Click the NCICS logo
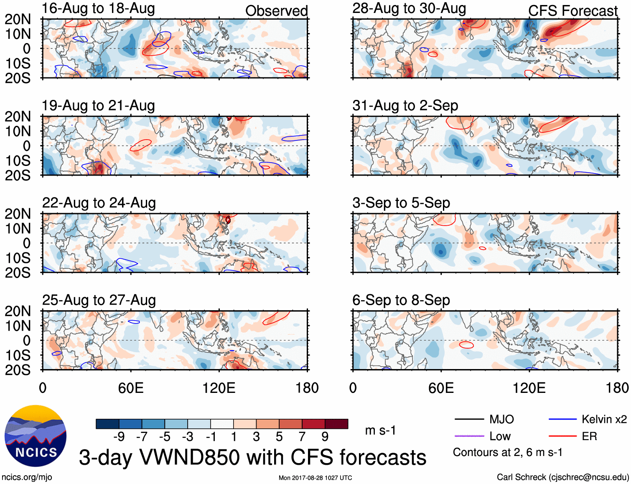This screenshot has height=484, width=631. pos(36,436)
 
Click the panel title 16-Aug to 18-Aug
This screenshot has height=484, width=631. pos(98,8)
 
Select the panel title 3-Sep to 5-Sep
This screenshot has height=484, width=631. pos(401,203)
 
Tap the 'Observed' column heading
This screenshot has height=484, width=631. pos(276,11)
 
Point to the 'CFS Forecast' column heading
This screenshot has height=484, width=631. pos(572,11)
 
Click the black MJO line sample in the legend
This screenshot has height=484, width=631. pos(469,419)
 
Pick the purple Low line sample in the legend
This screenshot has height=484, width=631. pos(469,436)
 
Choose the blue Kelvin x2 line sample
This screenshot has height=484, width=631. pos(562,419)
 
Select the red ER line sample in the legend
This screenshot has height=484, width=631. pos(562,436)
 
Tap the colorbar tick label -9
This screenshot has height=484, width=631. pos(119,437)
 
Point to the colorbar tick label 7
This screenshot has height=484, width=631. pos(302,437)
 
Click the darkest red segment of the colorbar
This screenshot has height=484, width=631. pos(336,424)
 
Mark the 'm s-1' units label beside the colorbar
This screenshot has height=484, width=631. pos(380,431)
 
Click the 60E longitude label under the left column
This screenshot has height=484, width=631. pos(131,388)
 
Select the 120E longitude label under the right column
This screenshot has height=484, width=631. pos(529,388)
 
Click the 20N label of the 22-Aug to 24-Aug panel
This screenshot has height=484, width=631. pos(18,214)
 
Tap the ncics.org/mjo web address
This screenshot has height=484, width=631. pos(27,477)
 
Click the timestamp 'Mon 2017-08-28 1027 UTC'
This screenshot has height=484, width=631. pos(315,478)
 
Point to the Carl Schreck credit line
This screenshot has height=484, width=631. pos(562,477)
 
